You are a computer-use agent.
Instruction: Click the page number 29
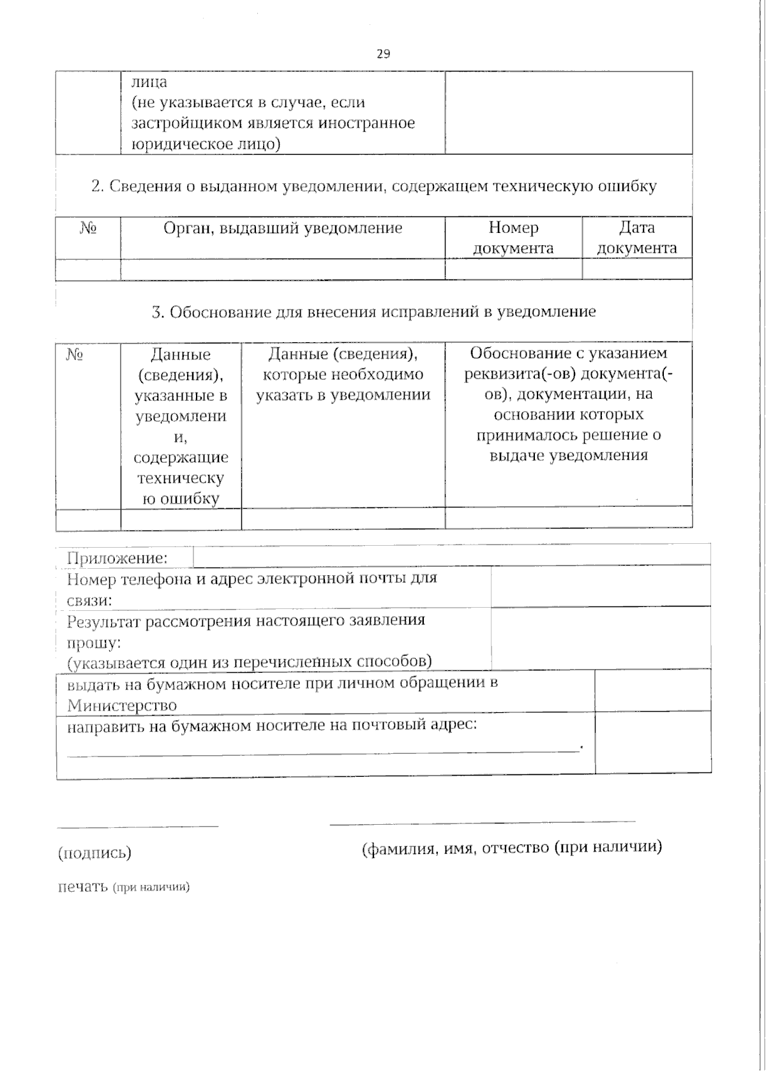click(383, 54)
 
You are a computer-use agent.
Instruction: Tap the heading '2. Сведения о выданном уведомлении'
click(374, 186)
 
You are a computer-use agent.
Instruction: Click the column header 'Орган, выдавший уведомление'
click(283, 228)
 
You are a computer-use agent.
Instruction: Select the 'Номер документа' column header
click(513, 237)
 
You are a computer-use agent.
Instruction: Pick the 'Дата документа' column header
click(636, 237)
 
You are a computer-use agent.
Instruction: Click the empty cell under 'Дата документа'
click(636, 269)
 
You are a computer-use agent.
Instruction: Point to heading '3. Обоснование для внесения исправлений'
click(374, 312)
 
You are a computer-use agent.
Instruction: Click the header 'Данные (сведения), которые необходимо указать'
click(343, 374)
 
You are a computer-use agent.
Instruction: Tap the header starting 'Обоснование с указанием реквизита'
click(568, 404)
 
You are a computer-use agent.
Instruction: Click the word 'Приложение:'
click(117, 559)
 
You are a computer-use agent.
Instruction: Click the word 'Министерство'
click(122, 705)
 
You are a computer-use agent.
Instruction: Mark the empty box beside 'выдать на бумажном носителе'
click(652, 690)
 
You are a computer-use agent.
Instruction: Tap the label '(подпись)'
click(94, 853)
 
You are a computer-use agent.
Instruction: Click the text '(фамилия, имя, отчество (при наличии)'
click(511, 848)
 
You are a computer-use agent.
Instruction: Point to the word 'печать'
click(83, 887)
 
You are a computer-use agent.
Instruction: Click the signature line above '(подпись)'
click(137, 825)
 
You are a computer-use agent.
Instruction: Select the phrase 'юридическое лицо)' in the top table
click(206, 144)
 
